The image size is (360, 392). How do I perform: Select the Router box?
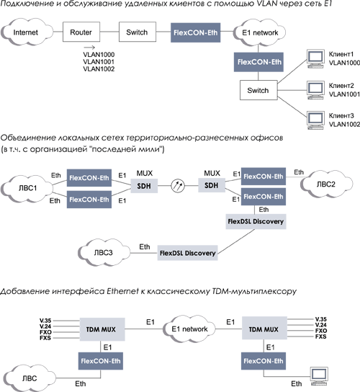click(81, 33)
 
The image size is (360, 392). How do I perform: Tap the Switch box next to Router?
click(136, 33)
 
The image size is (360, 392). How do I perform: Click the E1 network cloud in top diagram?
click(258, 33)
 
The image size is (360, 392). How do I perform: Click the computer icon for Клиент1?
click(313, 58)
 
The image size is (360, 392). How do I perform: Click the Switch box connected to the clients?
click(258, 91)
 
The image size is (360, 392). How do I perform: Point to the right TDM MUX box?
click(263, 329)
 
